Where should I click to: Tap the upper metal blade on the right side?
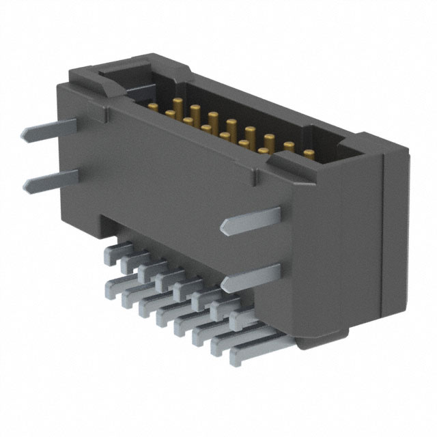256,218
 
